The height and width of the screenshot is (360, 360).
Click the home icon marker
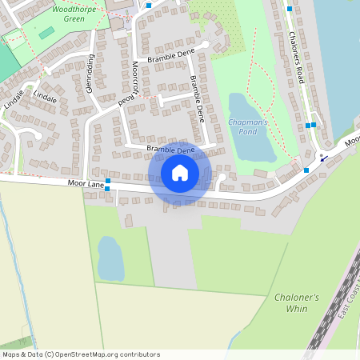180,173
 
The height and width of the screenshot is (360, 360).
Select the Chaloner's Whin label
296,302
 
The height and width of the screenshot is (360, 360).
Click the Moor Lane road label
86,184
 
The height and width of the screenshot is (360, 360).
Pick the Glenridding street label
90,73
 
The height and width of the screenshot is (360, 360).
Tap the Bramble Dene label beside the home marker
170,150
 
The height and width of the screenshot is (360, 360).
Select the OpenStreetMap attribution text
81,354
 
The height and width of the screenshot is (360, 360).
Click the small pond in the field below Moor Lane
110,258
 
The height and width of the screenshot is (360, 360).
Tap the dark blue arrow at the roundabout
325,158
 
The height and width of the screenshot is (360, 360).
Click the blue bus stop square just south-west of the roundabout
306,170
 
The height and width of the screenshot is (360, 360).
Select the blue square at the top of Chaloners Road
289,9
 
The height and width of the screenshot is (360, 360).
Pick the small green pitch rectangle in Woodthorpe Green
46,33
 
